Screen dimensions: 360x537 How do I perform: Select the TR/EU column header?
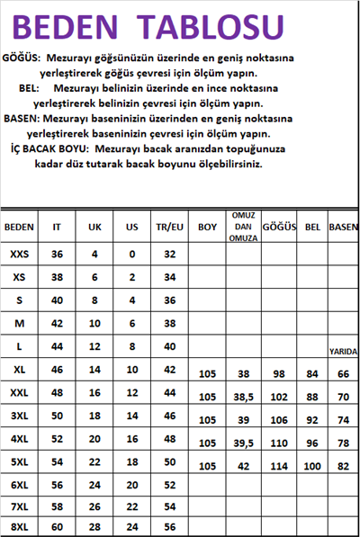[168, 228]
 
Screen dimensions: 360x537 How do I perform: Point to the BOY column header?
[207, 228]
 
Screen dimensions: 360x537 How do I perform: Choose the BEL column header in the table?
[312, 226]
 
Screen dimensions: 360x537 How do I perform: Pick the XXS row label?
[19, 255]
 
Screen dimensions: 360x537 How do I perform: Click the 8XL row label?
[19, 527]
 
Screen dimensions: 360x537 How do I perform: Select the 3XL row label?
[19, 416]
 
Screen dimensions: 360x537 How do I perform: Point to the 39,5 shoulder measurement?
[241, 443]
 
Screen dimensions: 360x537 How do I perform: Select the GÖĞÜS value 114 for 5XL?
[278, 466]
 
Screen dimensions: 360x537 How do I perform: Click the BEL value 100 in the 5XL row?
[312, 466]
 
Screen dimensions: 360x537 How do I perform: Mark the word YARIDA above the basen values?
[343, 352]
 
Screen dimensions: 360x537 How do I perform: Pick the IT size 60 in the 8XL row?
[57, 527]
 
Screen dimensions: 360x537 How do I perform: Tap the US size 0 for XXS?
[131, 255]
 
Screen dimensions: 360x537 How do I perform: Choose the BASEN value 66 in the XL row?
[343, 373]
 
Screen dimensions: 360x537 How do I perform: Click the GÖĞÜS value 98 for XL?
[278, 373]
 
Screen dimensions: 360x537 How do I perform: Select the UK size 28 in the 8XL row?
[94, 527]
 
